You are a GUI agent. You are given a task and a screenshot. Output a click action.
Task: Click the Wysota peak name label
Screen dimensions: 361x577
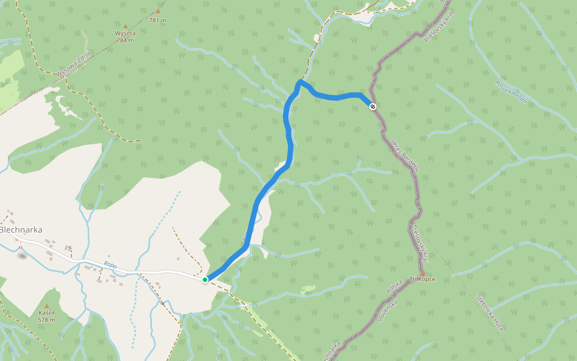click(126, 33)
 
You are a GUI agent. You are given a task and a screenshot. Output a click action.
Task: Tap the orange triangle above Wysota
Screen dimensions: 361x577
click(126, 26)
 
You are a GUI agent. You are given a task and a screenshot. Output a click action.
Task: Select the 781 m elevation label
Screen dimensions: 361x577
click(157, 20)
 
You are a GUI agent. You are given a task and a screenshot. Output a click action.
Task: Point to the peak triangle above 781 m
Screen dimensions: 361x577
click(158, 11)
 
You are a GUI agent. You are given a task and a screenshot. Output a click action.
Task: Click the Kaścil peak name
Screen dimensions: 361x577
click(47, 313)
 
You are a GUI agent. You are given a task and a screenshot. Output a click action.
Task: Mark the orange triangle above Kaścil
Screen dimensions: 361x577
click(47, 306)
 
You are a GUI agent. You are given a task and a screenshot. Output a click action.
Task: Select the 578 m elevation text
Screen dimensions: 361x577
click(47, 320)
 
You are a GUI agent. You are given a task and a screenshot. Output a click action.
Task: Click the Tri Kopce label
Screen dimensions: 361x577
click(422, 279)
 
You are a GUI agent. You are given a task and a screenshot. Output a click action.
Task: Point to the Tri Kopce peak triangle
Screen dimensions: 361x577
click(422, 273)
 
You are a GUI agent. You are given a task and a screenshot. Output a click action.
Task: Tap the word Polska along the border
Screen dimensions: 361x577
click(394, 287)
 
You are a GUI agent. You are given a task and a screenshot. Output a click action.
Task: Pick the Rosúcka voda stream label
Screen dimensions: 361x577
click(511, 91)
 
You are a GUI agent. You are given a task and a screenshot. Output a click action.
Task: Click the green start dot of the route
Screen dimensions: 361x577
click(205, 280)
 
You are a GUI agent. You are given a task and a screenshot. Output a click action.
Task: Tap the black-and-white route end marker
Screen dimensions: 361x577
click(373, 106)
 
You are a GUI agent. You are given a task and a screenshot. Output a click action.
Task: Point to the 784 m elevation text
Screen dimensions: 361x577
click(126, 40)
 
